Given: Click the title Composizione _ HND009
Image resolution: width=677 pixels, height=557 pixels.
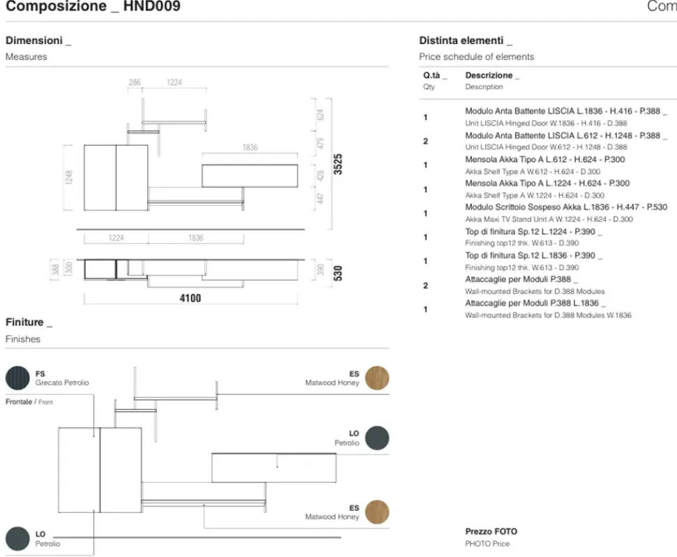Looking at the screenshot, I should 92,8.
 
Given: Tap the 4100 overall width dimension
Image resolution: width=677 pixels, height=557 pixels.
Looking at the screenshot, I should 188,298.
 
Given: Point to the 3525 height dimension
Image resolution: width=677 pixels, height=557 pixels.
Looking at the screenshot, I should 338,165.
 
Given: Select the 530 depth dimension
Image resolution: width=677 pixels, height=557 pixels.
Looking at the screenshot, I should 338,272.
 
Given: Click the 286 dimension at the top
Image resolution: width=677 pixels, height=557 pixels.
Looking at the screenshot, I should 134,82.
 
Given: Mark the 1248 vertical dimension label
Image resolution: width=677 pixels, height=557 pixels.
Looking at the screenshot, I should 68,177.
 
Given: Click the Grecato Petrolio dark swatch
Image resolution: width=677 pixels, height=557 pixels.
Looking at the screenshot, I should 17,378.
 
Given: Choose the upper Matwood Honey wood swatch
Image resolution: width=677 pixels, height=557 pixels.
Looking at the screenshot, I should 377,378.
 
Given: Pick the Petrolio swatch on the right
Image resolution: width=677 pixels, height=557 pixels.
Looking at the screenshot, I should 377,438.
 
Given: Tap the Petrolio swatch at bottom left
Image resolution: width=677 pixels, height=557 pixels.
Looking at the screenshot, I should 17,538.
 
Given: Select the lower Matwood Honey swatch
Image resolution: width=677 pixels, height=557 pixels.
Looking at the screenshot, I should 377,512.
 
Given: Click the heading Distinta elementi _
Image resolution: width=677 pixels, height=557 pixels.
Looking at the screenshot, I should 466,40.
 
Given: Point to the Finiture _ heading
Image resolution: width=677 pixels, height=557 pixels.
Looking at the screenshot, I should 29,322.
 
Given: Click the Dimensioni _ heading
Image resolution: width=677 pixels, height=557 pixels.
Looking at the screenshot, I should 38,40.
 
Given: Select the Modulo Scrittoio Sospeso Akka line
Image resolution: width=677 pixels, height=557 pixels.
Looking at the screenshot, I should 566,207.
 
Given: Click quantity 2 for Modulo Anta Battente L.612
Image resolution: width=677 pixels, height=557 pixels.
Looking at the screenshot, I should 426,141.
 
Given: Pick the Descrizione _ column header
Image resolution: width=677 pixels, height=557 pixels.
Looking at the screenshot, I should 492,75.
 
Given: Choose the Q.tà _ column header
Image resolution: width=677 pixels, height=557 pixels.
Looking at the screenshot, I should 434,75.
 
